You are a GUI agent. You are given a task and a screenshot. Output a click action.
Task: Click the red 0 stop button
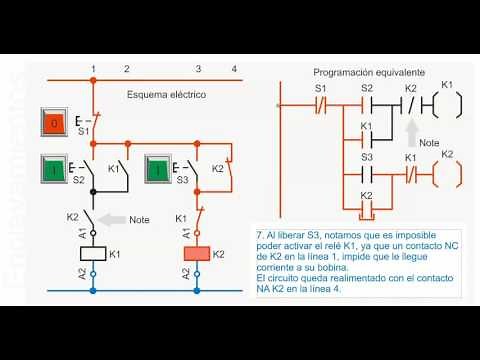click(x=54, y=124)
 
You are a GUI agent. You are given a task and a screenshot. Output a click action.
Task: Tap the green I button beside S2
click(x=54, y=168)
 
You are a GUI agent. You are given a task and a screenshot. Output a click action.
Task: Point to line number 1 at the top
click(x=93, y=69)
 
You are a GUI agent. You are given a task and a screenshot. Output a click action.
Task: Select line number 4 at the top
click(x=233, y=69)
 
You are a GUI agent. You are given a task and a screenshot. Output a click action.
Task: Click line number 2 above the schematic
click(x=126, y=69)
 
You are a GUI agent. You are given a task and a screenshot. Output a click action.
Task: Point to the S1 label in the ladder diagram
click(x=321, y=88)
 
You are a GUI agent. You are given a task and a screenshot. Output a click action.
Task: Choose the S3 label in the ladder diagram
click(x=366, y=158)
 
